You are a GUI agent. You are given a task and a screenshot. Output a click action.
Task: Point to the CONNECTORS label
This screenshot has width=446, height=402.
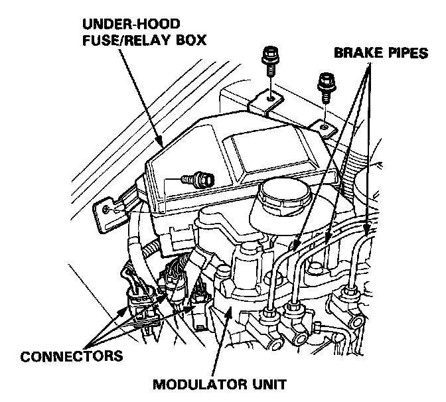pyautogui.click(x=63, y=356)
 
